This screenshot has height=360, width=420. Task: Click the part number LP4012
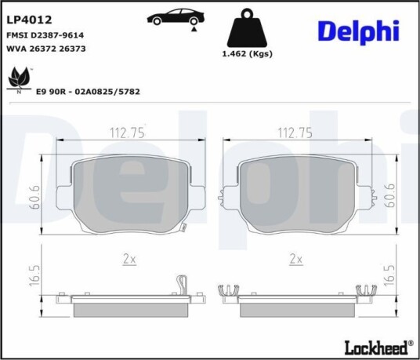click(29, 20)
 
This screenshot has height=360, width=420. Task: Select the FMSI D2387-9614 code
click(45, 35)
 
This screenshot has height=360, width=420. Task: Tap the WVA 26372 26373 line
click(45, 49)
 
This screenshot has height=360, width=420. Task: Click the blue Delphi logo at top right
click(358, 32)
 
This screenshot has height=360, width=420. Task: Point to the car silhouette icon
click(176, 17)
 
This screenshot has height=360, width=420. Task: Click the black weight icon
click(247, 27)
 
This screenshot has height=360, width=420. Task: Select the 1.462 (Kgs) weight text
click(248, 54)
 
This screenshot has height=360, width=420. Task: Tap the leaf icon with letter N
click(19, 80)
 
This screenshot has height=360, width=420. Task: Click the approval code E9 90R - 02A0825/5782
click(88, 92)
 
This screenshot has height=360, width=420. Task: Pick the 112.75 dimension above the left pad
click(127, 133)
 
